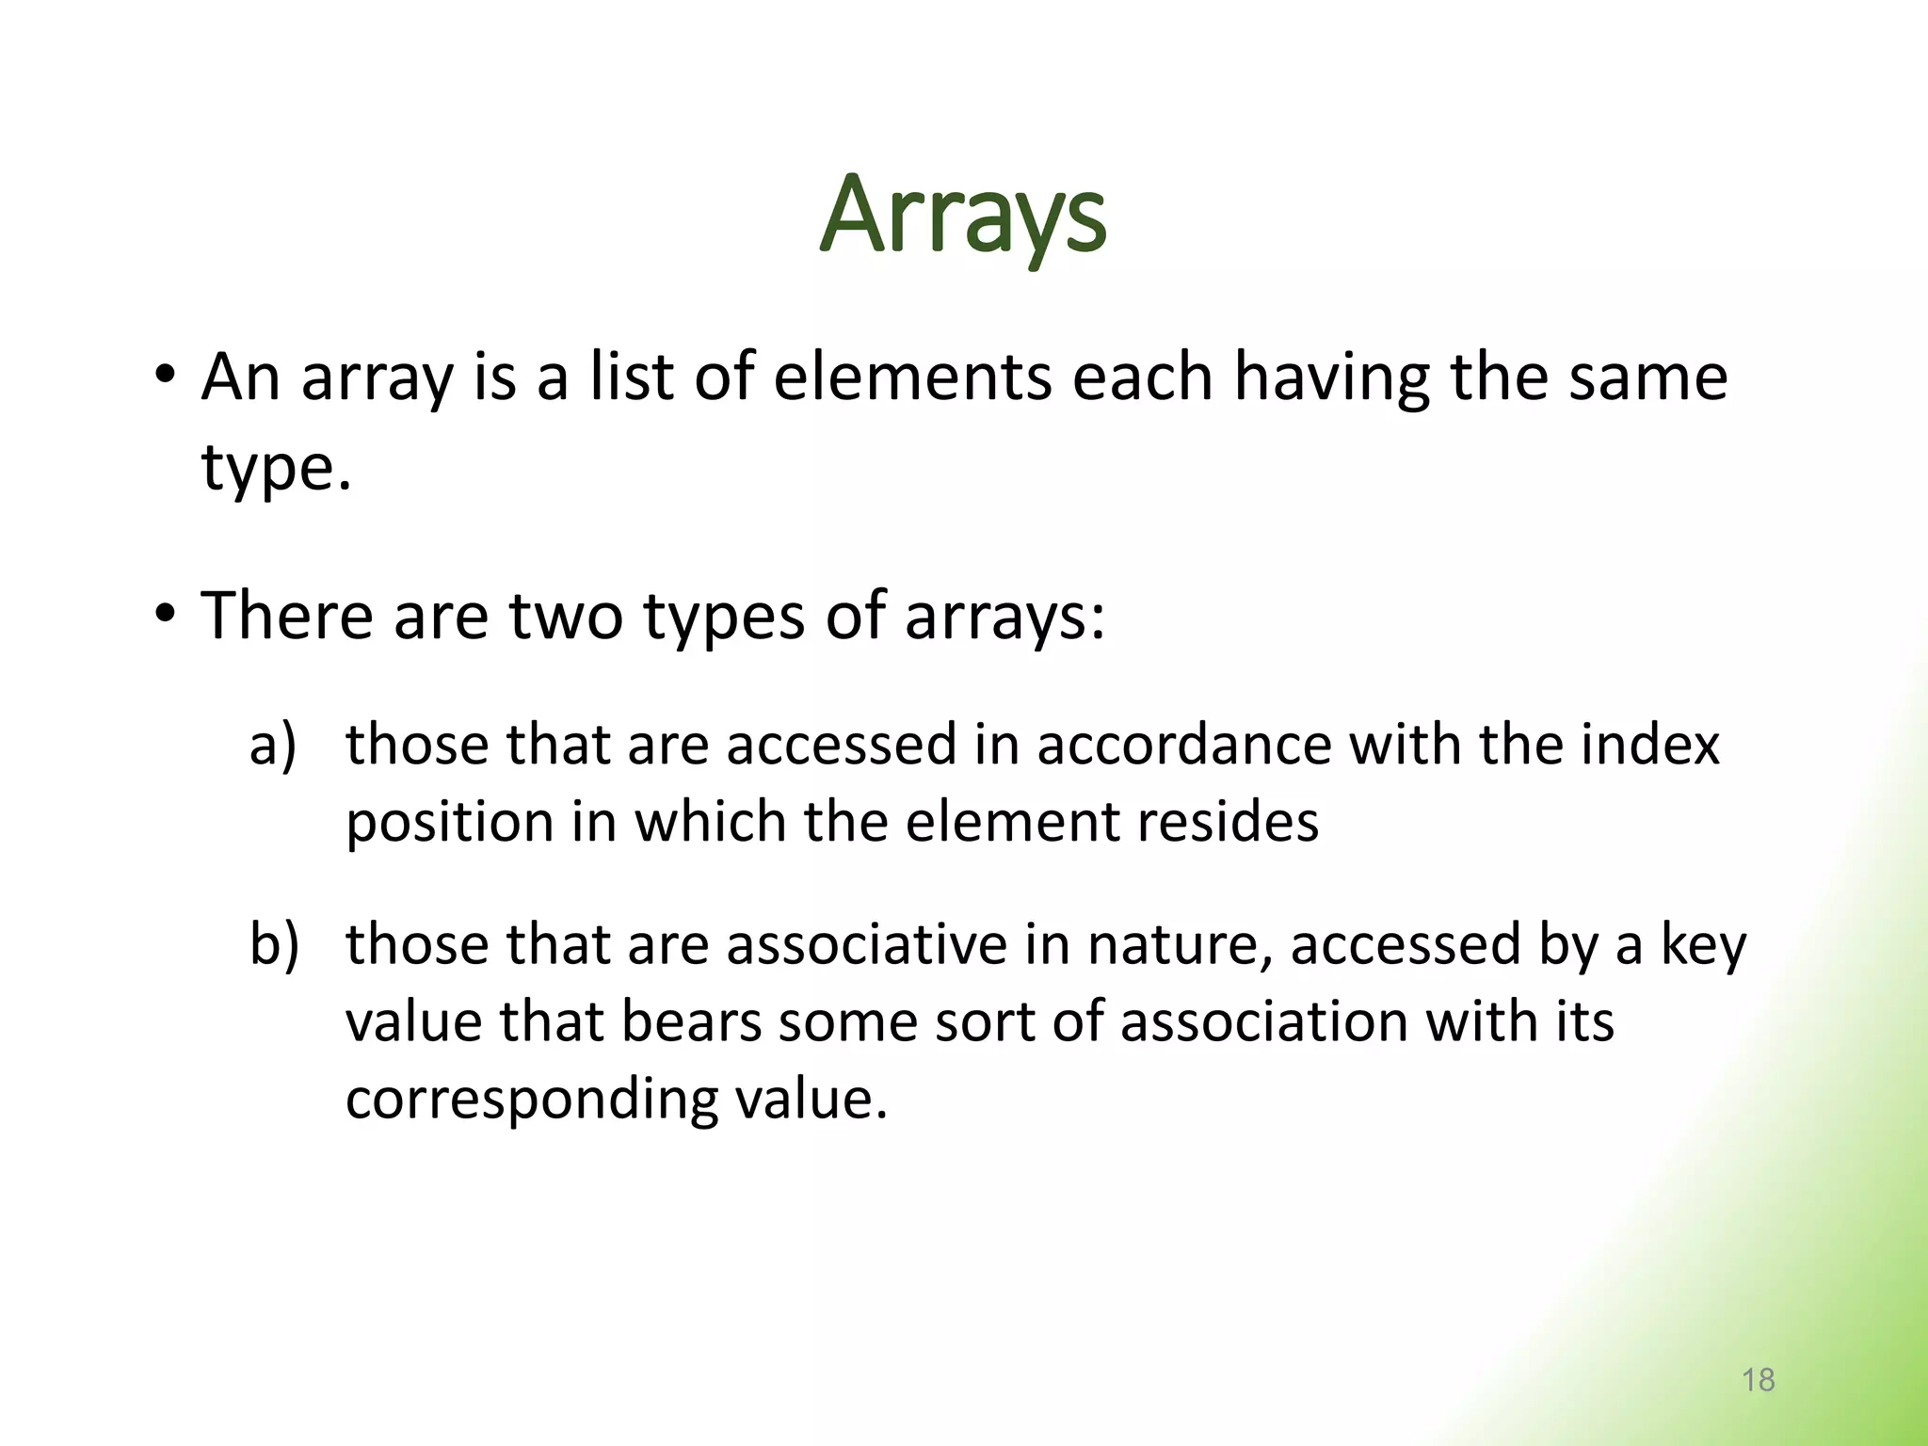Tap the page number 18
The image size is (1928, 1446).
(1758, 1380)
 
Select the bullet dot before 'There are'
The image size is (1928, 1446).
(166, 615)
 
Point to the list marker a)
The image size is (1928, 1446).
(273, 745)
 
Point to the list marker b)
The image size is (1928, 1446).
(274, 944)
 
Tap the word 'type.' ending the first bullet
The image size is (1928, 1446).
(276, 468)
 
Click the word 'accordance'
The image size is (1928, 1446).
(1184, 745)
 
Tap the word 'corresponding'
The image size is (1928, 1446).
(532, 1100)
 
